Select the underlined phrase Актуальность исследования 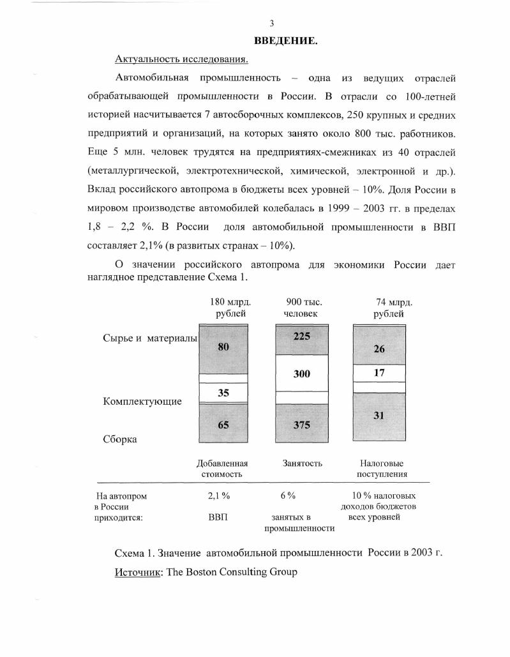182,59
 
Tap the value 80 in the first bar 223,347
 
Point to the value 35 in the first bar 223,393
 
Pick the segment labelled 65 223,423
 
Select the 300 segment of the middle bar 302,374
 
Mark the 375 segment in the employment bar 302,425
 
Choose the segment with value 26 379,349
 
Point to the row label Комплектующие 142,402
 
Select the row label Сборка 121,439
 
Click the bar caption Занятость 303,464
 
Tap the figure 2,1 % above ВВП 219,495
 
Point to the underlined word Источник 139,572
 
